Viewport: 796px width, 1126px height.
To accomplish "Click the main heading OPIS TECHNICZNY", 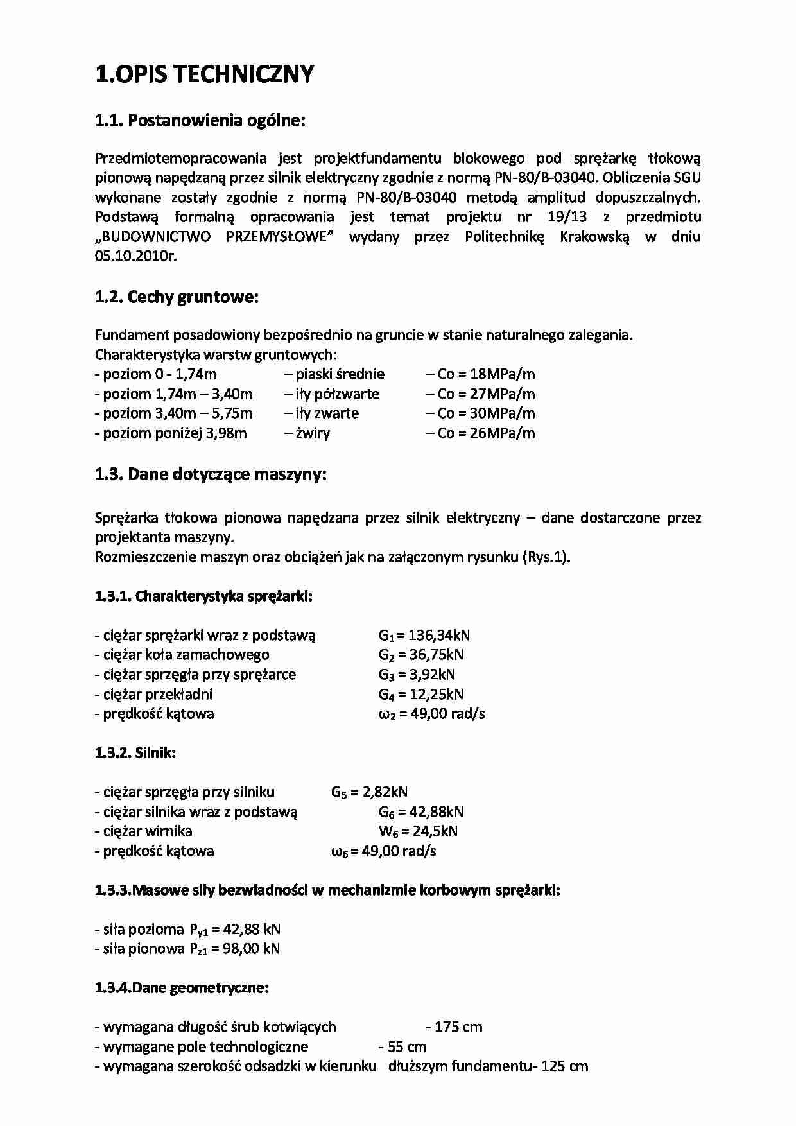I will coord(205,74).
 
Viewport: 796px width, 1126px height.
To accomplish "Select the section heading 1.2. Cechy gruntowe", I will coord(177,297).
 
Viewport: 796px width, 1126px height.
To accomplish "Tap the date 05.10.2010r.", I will coord(135,256).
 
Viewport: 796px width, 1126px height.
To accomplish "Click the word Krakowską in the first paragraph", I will coord(594,236).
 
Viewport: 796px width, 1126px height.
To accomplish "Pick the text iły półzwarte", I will coord(332,394).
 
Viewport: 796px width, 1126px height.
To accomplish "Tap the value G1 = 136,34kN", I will coord(424,636).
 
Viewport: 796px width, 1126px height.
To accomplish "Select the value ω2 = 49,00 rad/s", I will coord(431,714).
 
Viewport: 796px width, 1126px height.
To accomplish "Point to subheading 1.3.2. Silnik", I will coord(135,753).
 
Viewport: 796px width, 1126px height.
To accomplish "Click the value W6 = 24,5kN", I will coord(418,831).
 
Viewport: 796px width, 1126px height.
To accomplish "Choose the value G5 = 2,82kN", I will coord(369,792).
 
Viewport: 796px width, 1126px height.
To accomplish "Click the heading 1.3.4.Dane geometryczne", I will coord(182,988).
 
